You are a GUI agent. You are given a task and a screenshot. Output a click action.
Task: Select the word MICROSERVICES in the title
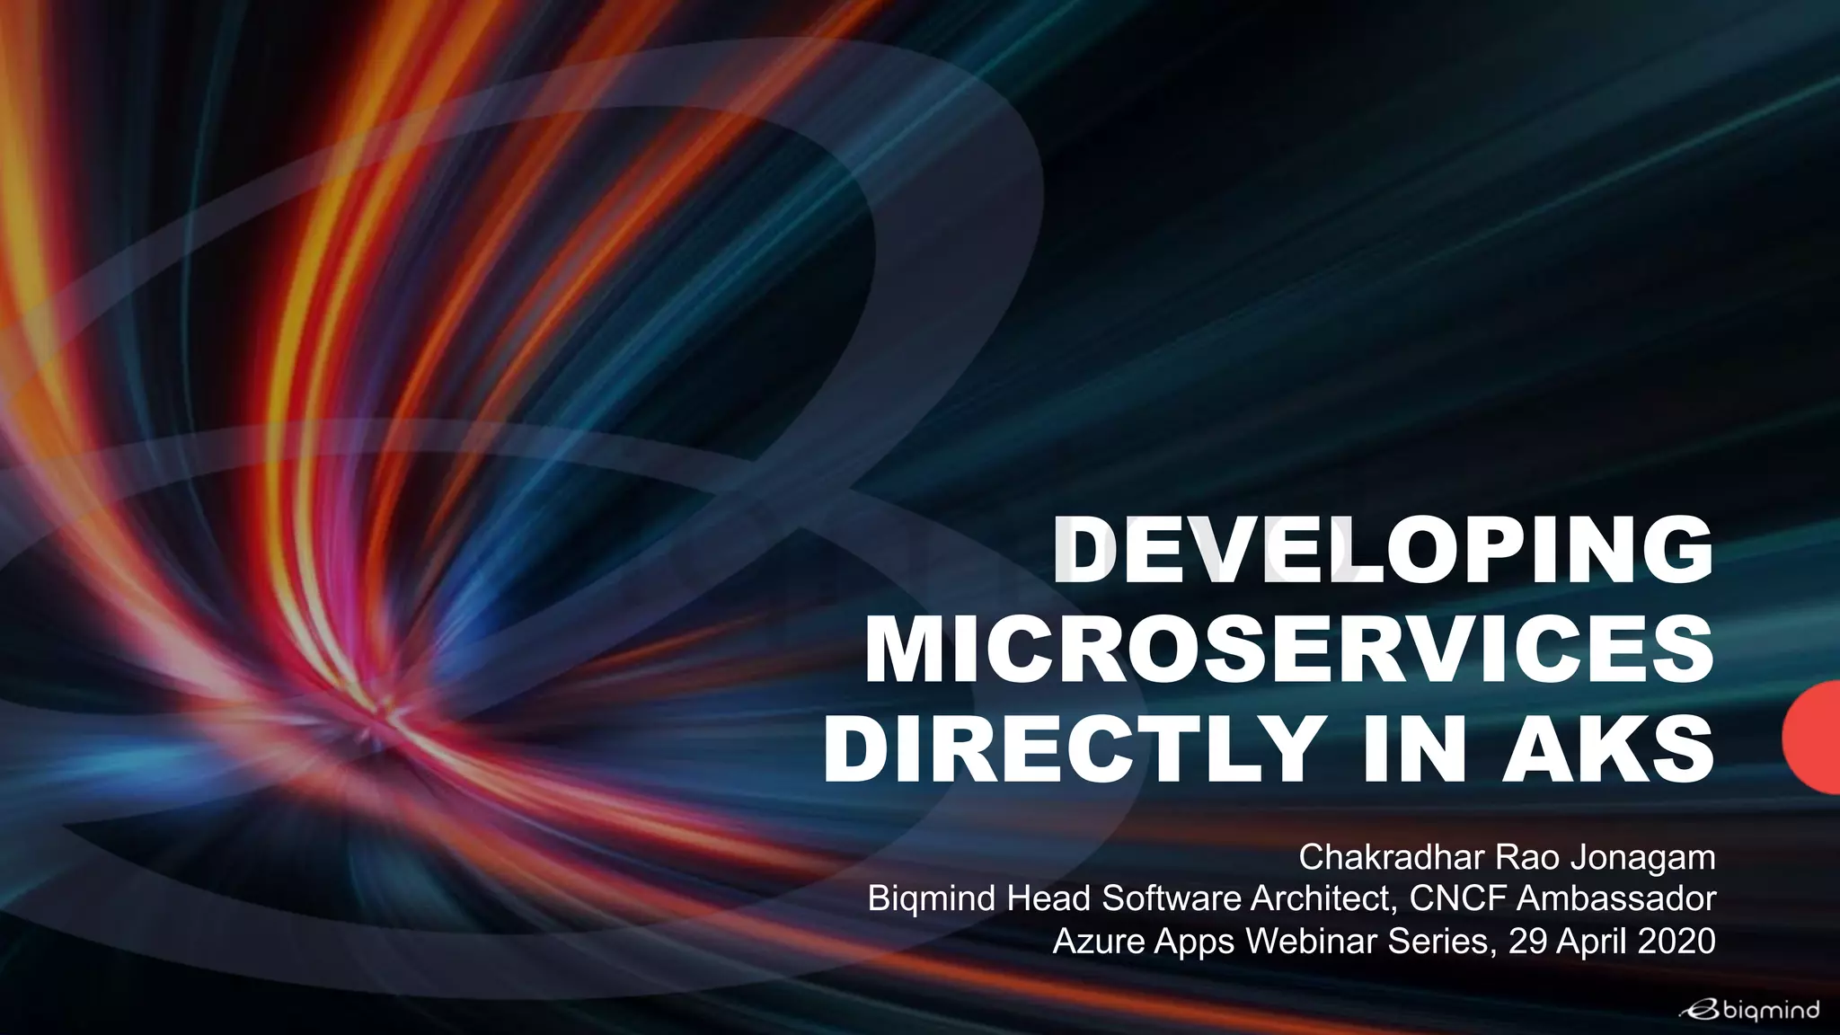click(x=1289, y=650)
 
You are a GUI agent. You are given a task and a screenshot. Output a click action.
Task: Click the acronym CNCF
click(x=1446, y=898)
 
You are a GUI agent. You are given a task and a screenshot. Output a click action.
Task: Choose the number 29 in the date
click(x=1528, y=941)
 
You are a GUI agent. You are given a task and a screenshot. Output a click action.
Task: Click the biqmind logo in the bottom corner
click(x=1749, y=1011)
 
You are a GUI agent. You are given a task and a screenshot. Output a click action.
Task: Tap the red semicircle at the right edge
click(x=1813, y=737)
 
